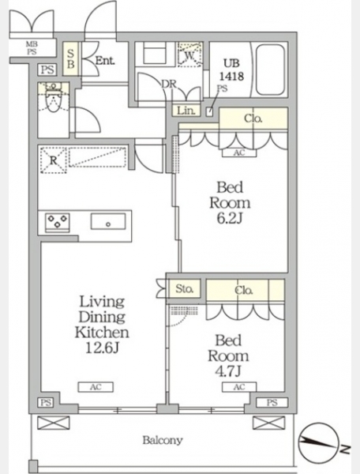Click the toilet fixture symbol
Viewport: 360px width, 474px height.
pos(54,100)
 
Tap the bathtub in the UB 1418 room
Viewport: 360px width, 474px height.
pos(270,70)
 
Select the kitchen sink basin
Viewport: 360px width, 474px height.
pos(108,221)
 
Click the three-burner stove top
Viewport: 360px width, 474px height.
pos(57,223)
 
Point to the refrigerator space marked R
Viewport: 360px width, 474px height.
pos(54,160)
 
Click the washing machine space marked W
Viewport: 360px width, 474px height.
pos(189,55)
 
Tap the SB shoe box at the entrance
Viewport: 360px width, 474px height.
pos(71,58)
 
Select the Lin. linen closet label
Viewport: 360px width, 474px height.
pos(186,111)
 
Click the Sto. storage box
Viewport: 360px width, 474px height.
pos(184,289)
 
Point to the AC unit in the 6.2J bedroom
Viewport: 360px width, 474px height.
pos(239,152)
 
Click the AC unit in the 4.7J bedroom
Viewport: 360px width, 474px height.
pos(239,387)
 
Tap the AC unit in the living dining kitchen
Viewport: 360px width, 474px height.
pos(96,387)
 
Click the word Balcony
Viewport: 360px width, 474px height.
pos(163,440)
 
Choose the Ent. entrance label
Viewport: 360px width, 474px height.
pos(105,61)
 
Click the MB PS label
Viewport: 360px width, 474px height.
pos(32,48)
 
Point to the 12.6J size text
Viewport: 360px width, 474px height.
pos(102,348)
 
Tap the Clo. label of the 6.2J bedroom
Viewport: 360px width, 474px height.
pos(253,118)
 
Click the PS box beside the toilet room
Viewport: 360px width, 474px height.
pos(47,70)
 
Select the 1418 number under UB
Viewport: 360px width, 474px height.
pos(231,76)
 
